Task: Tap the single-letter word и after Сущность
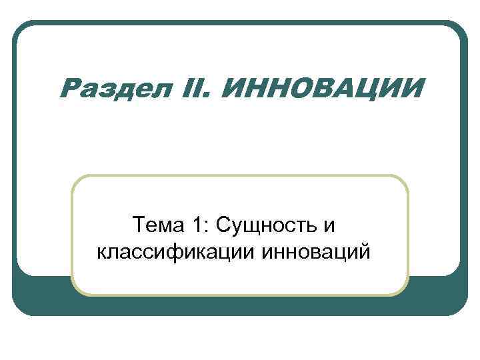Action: pyautogui.click(x=330, y=227)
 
